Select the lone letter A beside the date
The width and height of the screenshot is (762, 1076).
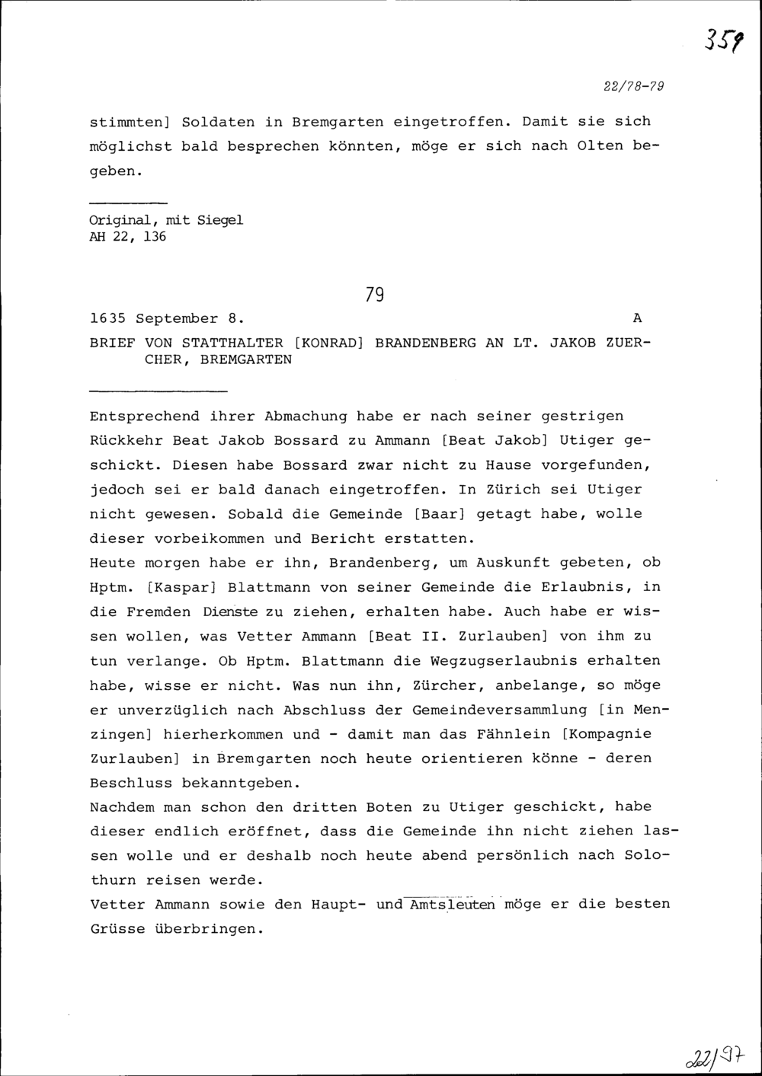(x=637, y=318)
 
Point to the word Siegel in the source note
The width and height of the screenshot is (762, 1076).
(x=220, y=220)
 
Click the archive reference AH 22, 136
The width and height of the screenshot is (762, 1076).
(x=128, y=237)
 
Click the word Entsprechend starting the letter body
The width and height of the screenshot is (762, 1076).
(x=145, y=417)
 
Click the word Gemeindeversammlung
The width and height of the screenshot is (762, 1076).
(x=500, y=710)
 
